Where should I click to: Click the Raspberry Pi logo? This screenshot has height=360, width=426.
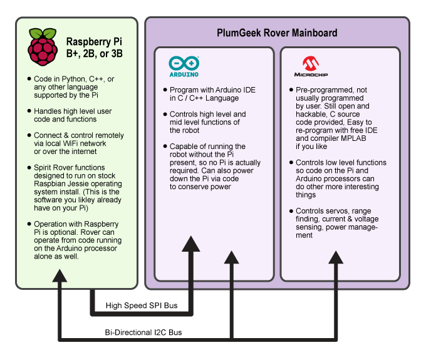coord(42,46)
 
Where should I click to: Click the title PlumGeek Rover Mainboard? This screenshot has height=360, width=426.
coord(278,33)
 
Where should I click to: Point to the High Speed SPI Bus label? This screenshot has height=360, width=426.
coord(142,306)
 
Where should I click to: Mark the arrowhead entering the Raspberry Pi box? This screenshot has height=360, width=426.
coord(59,276)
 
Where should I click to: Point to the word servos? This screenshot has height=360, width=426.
coord(335,211)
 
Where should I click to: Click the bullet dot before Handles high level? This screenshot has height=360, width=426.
coord(29,111)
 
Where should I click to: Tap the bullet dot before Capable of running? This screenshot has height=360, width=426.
coord(165,147)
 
